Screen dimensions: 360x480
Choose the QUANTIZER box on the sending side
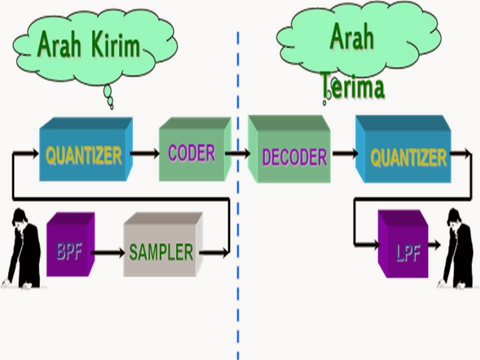(84, 154)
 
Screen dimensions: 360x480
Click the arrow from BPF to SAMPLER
(108, 252)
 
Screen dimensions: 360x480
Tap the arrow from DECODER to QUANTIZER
(345, 153)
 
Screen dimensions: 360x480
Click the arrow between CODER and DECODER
(238, 153)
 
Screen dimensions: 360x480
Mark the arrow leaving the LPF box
(434, 244)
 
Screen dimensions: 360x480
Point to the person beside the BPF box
(22, 247)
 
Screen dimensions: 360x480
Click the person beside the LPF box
(457, 247)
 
